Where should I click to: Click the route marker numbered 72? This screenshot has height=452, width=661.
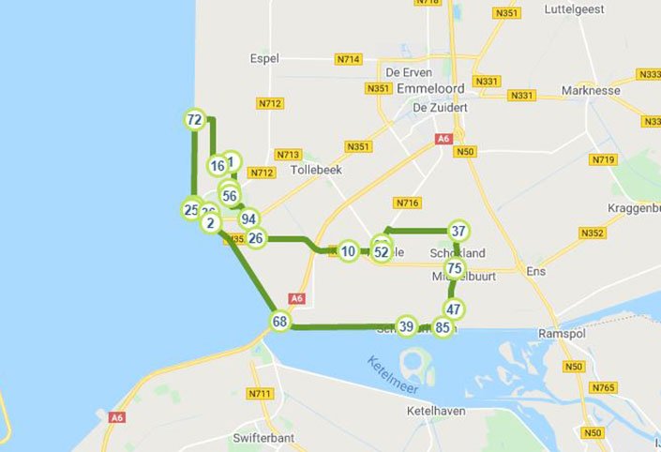194,119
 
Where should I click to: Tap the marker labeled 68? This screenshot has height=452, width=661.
279,321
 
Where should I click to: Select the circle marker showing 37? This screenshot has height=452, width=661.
458,231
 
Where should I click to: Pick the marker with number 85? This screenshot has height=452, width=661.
443,328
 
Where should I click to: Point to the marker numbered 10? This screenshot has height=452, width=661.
348,251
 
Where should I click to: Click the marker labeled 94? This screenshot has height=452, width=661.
248,218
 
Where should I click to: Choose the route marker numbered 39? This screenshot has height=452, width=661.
406,326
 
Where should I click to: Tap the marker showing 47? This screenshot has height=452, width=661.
454,309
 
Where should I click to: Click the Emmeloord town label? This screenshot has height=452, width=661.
430,88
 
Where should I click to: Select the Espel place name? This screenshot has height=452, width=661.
264,58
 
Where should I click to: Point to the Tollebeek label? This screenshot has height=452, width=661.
316,171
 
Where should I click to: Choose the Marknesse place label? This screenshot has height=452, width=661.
592,91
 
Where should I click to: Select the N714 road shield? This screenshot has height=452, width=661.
348,59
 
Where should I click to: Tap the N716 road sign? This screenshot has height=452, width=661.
406,203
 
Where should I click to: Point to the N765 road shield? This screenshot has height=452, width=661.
603,387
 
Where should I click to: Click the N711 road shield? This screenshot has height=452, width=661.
259,393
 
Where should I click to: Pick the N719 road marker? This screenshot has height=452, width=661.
603,159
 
